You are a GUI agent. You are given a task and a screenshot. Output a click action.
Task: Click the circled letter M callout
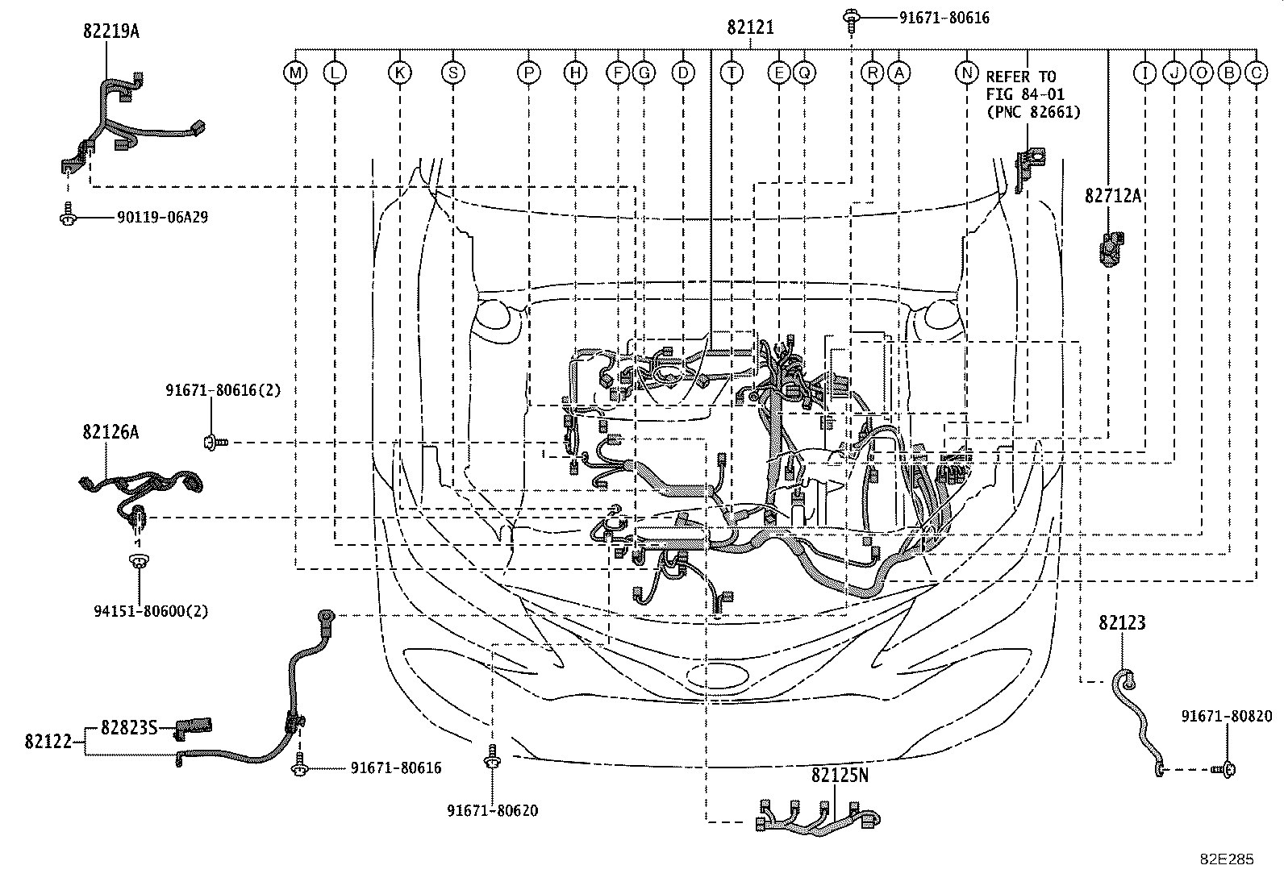click(296, 73)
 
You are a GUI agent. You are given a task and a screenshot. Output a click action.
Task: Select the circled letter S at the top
click(453, 73)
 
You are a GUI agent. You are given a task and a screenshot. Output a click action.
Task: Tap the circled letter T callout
click(732, 73)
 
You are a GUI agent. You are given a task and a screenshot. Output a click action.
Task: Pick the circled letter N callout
click(966, 73)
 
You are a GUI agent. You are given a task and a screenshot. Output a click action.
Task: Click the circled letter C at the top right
click(1255, 73)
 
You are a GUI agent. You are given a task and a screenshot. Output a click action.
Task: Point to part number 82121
click(750, 27)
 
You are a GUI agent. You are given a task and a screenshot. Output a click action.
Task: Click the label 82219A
click(110, 31)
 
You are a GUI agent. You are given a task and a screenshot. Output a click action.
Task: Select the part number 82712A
click(1113, 195)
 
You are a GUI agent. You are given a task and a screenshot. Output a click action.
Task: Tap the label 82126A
click(110, 432)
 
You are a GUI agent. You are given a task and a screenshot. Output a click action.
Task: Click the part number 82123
click(1121, 622)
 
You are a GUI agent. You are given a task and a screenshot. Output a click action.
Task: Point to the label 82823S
click(128, 727)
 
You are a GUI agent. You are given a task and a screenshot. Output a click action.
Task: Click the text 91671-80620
click(491, 810)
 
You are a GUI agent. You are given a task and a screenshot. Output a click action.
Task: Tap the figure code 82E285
click(1225, 859)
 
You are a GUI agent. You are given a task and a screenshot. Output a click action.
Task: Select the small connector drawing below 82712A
click(1112, 247)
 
